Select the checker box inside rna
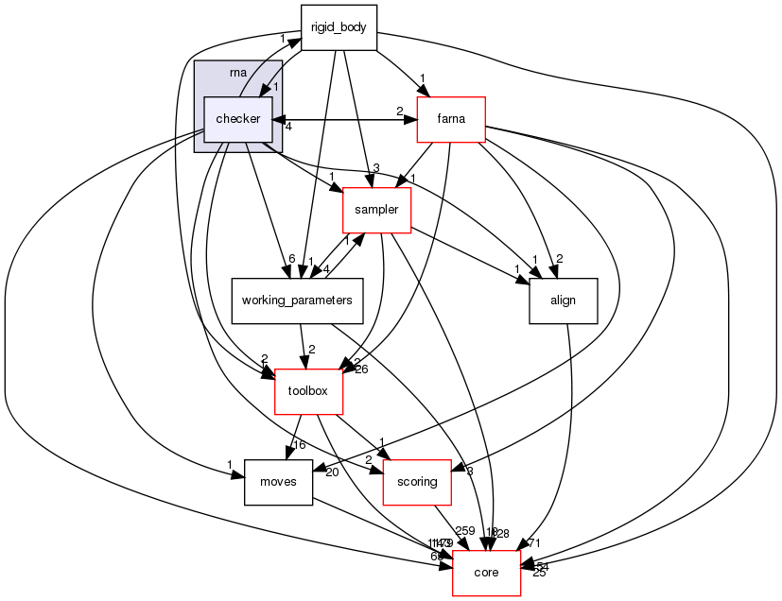(238, 118)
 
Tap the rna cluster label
(238, 73)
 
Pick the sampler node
(376, 208)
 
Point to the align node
(564, 300)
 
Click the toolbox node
(308, 390)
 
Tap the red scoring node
(417, 482)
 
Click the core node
(487, 573)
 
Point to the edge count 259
(464, 531)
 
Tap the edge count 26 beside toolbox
(361, 369)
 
